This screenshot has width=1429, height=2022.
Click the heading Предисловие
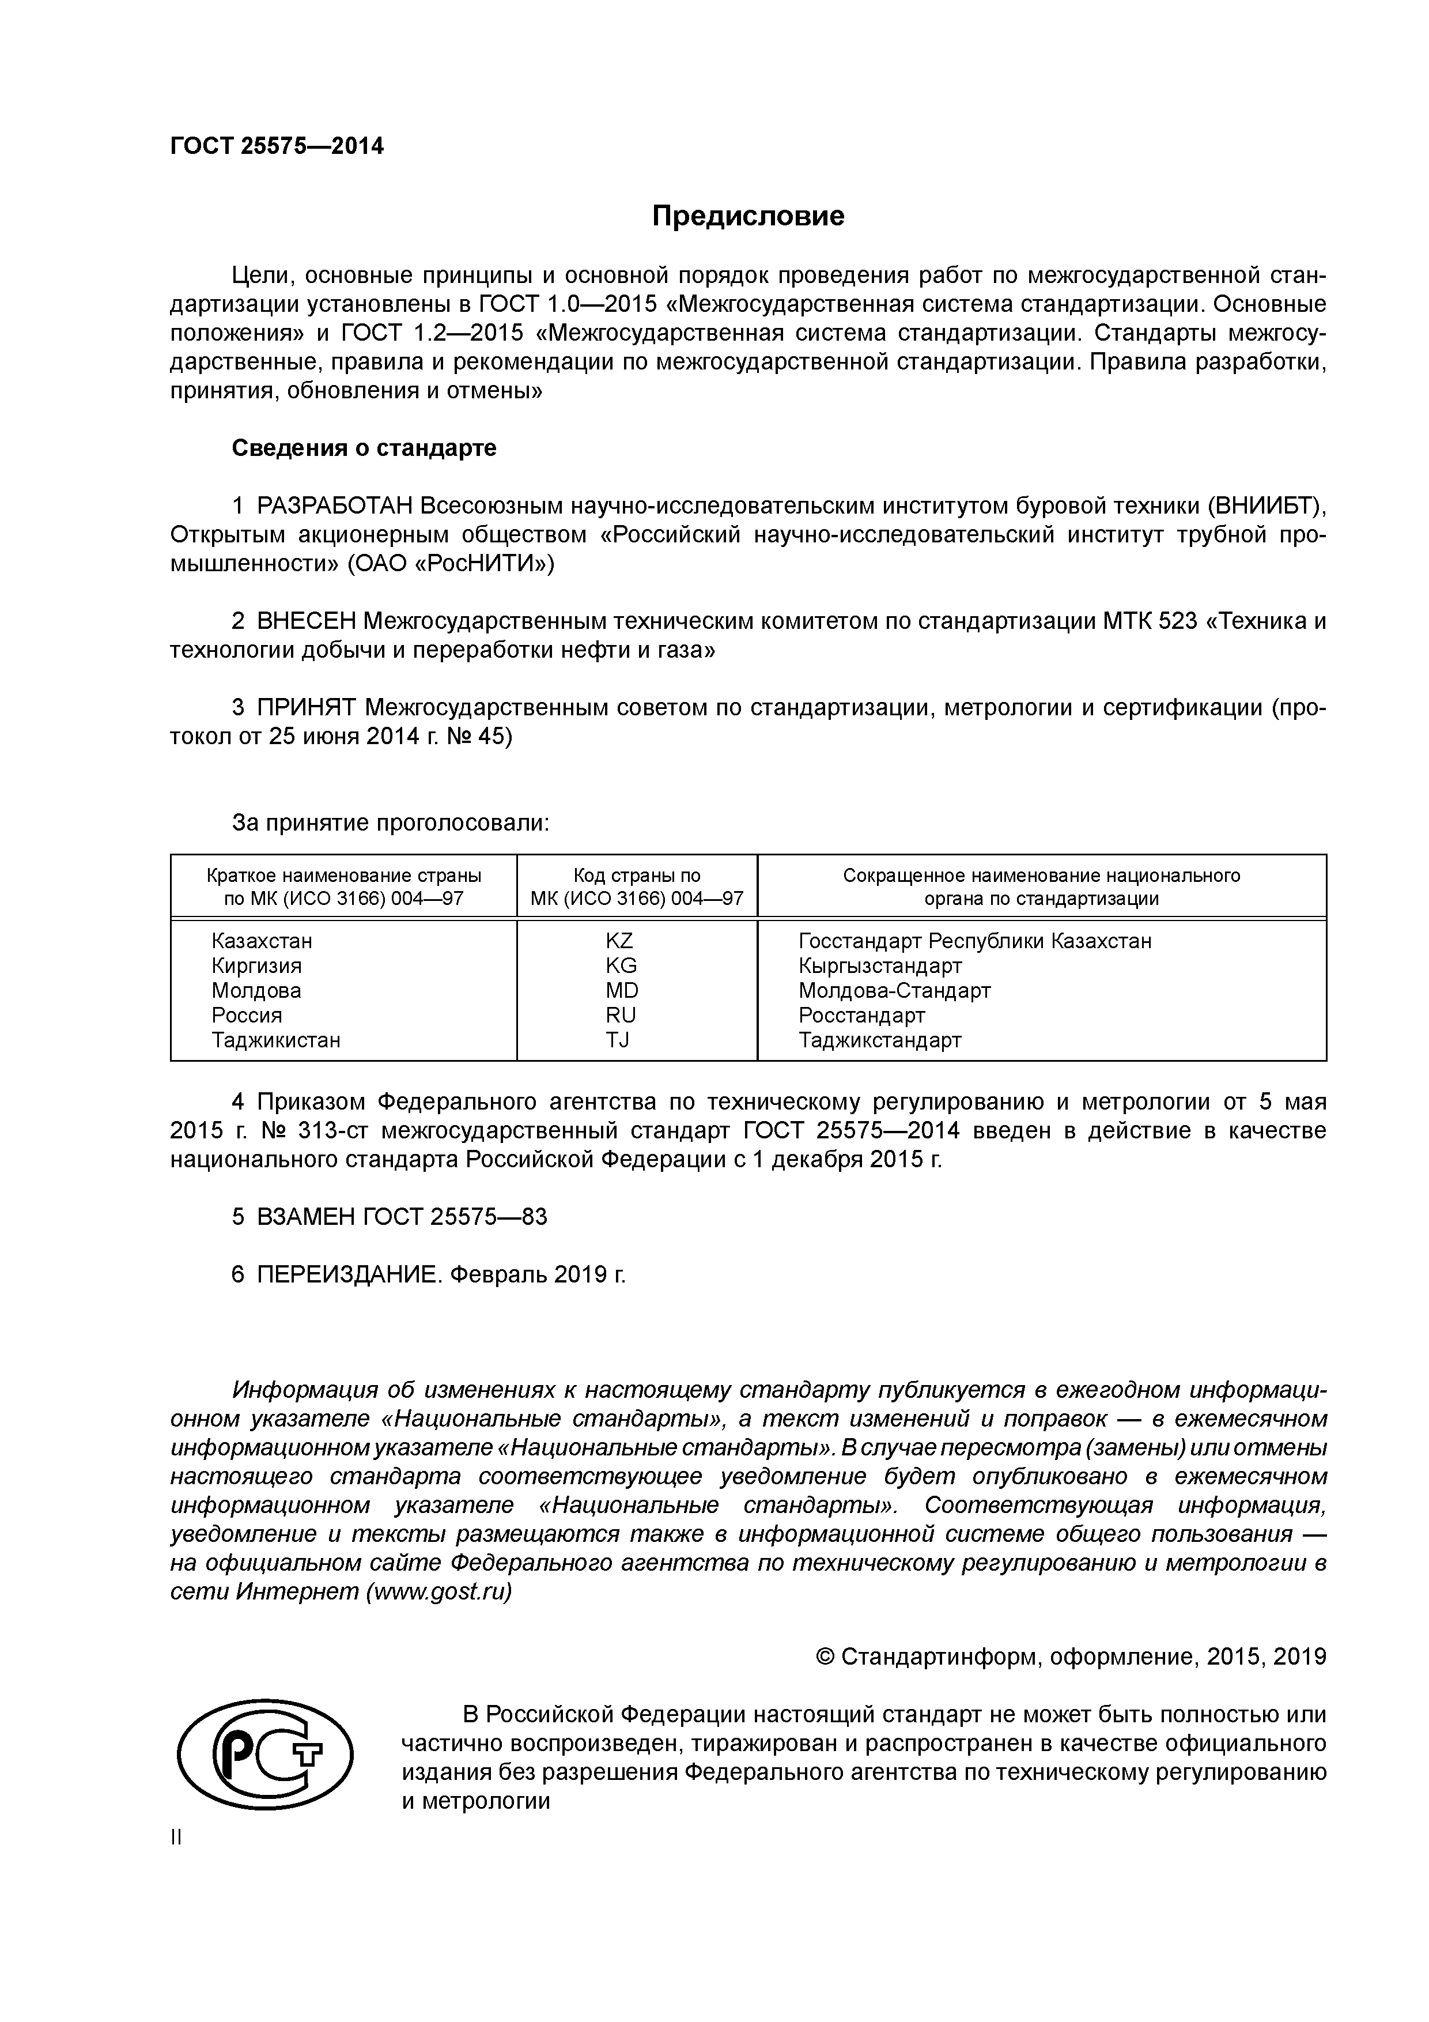(x=747, y=216)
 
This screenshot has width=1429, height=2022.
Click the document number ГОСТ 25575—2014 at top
(x=277, y=146)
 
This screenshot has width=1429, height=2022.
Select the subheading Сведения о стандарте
(x=364, y=448)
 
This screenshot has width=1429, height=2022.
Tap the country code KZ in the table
(x=619, y=941)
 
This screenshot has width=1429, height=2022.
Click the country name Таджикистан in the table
(x=275, y=1040)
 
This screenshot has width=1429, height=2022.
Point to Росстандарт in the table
(x=861, y=1016)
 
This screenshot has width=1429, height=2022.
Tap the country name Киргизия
(x=256, y=965)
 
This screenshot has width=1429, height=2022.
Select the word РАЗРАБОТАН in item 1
(x=335, y=507)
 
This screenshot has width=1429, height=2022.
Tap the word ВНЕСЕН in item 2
(x=307, y=622)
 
